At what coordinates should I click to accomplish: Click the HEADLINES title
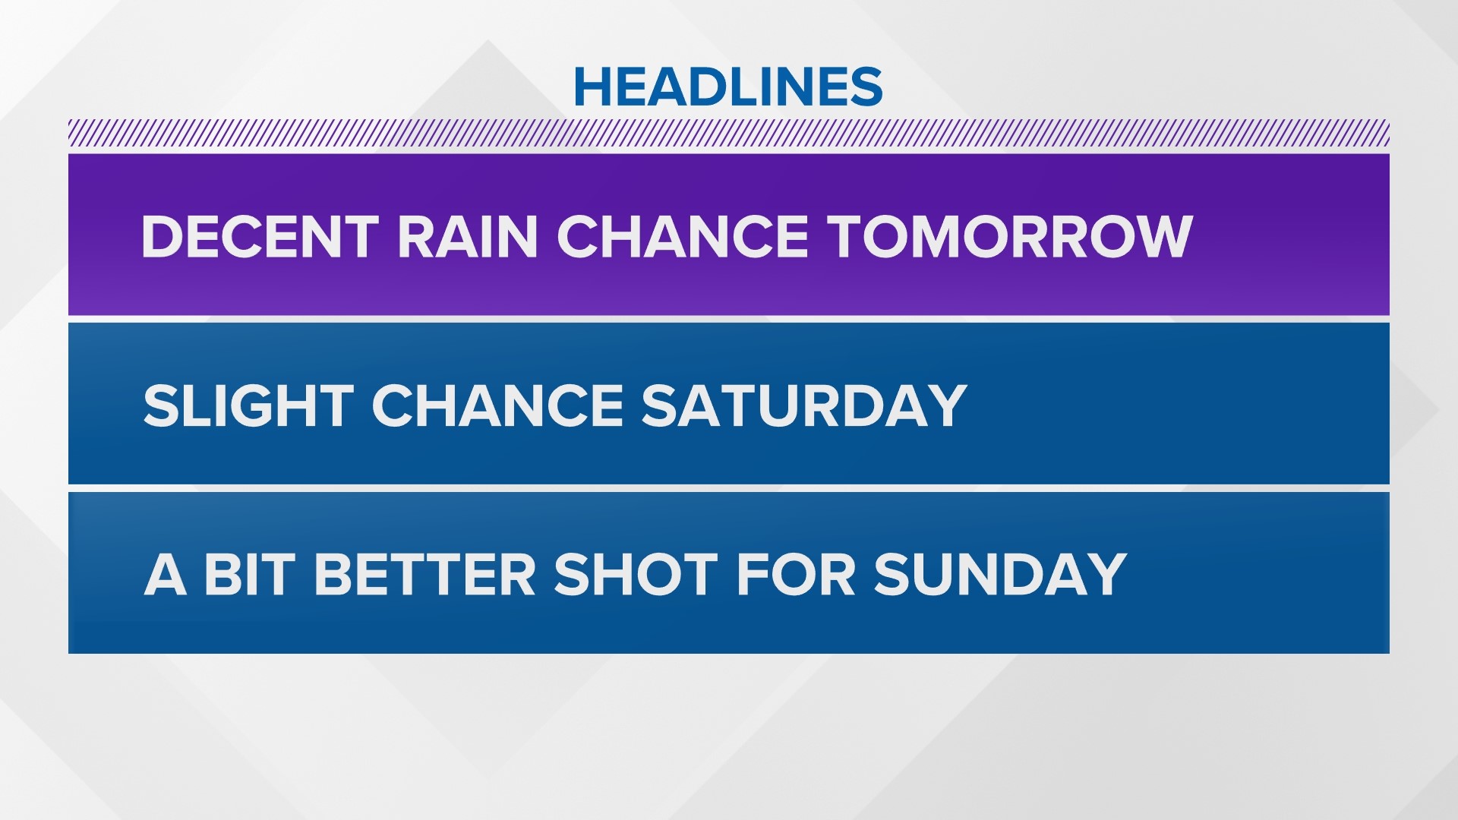[x=728, y=86]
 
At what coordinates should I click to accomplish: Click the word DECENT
[x=260, y=236]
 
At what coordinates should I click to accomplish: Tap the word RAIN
[x=468, y=236]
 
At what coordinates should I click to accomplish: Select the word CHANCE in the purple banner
[x=683, y=236]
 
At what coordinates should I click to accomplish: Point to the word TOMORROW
[x=1011, y=236]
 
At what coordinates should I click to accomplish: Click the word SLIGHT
[x=248, y=405]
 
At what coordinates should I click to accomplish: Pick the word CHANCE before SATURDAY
[x=497, y=405]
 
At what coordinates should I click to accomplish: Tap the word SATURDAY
[x=804, y=405]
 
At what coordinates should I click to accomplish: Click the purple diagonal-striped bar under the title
[x=729, y=134]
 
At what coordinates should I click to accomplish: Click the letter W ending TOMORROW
[x=1160, y=236]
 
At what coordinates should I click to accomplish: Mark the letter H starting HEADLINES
[x=592, y=87]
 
